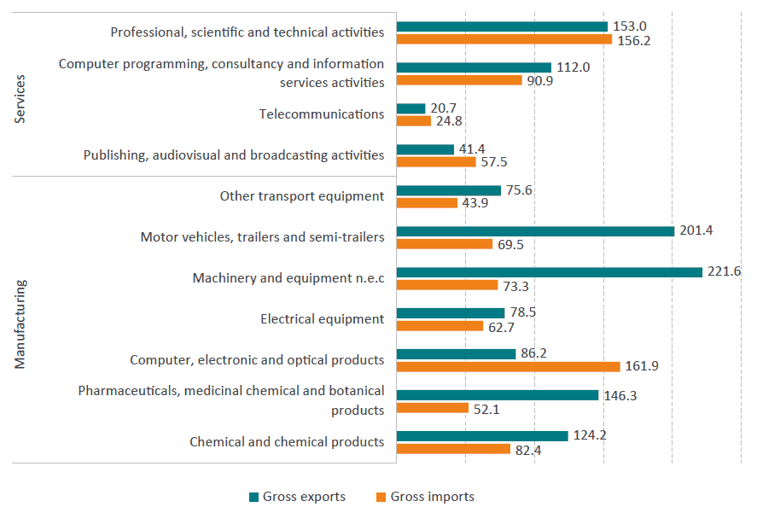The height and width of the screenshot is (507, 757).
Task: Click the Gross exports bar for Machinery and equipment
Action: click(550, 271)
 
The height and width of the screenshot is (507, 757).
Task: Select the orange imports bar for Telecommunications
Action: click(414, 121)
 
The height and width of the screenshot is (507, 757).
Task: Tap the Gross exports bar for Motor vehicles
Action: click(535, 230)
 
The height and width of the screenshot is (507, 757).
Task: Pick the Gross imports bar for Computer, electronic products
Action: click(509, 366)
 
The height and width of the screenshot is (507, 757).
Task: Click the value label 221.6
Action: click(725, 271)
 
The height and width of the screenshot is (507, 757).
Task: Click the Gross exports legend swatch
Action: click(253, 497)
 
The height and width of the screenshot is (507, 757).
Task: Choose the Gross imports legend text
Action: click(432, 497)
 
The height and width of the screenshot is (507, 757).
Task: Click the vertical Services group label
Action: click(21, 99)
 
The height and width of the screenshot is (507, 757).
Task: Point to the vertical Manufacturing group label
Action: click(21, 323)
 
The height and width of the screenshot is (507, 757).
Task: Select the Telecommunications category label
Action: click(321, 114)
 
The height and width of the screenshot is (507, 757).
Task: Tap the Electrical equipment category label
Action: click(322, 319)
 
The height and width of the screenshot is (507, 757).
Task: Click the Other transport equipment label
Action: click(302, 196)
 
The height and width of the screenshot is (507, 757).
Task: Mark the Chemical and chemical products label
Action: click(287, 442)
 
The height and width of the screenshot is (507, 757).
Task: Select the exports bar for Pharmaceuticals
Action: click(498, 394)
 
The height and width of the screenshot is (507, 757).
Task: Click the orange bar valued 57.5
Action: click(436, 162)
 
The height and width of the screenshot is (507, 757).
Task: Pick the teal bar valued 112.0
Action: click(475, 67)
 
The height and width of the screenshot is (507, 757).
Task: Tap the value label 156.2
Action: click(634, 40)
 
